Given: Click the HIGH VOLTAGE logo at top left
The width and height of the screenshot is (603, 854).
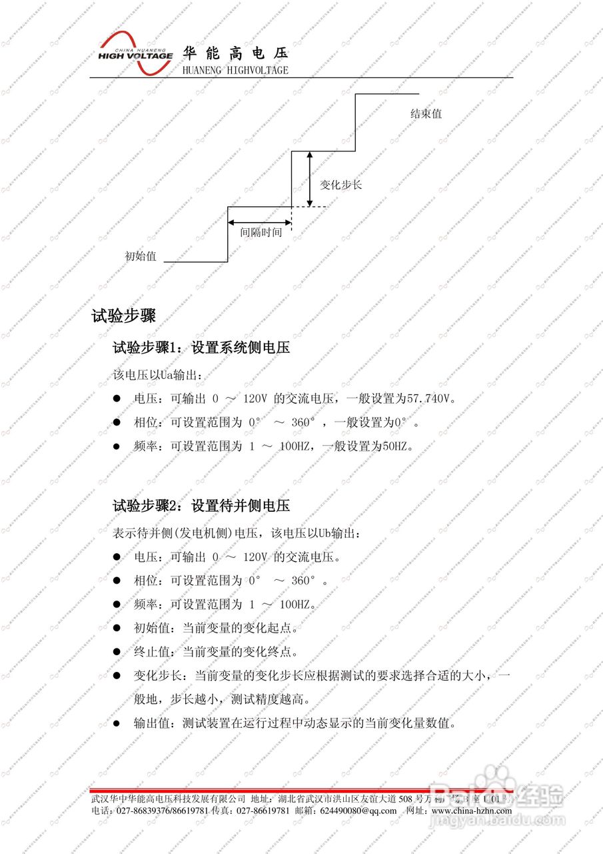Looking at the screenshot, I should click(135, 50).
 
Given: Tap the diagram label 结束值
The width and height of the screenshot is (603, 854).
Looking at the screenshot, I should click(426, 114).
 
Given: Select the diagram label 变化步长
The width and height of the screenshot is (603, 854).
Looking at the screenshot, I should click(341, 185).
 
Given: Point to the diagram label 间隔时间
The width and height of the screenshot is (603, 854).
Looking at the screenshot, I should click(261, 233).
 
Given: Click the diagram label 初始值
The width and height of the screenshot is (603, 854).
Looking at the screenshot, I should click(141, 256).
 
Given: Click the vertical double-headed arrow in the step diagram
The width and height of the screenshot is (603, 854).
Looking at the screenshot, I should click(309, 179).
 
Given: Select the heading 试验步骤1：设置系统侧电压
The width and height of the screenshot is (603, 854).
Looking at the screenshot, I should click(201, 348).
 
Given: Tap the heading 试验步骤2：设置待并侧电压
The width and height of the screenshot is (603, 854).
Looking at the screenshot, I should click(201, 506).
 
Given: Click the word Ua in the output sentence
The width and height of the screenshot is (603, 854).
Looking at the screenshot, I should click(167, 376).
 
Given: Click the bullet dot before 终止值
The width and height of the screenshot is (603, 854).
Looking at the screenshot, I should click(117, 652).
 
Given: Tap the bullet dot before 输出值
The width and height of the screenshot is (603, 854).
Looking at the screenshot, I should click(117, 723).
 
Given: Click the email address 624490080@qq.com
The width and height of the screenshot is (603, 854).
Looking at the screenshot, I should click(358, 811).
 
